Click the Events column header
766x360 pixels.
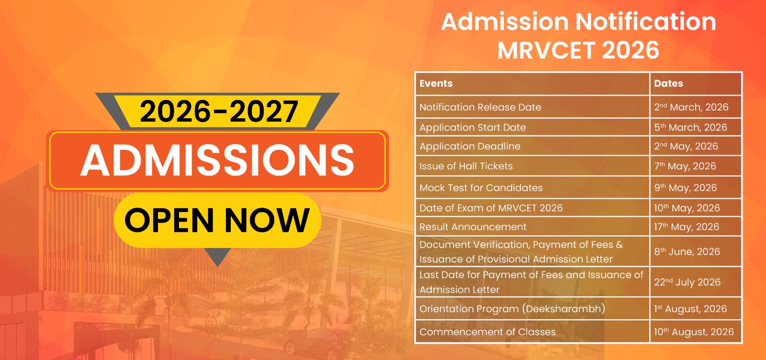[436, 83]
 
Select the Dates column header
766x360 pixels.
[668, 83]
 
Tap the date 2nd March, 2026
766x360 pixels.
[691, 107]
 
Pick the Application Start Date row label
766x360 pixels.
[473, 127]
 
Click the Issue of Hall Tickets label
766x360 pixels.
[466, 166]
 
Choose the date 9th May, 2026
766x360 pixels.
[685, 188]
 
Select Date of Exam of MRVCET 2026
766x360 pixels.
[491, 208]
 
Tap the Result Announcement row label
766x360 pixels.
[473, 227]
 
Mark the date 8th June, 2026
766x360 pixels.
[687, 252]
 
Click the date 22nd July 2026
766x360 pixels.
[687, 282]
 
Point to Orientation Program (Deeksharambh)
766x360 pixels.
[512, 309]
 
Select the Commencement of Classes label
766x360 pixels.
[488, 332]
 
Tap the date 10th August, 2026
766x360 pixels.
[694, 332]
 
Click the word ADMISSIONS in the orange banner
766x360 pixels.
[217, 160]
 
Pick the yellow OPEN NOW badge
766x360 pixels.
[217, 220]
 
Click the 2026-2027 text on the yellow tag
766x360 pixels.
[219, 112]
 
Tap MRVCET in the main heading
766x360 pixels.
[546, 50]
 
